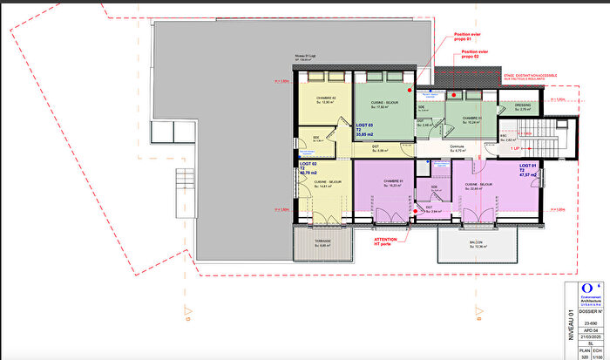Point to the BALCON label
pyautogui.click(x=477, y=243)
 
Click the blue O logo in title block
pyautogui.click(x=590, y=286)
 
